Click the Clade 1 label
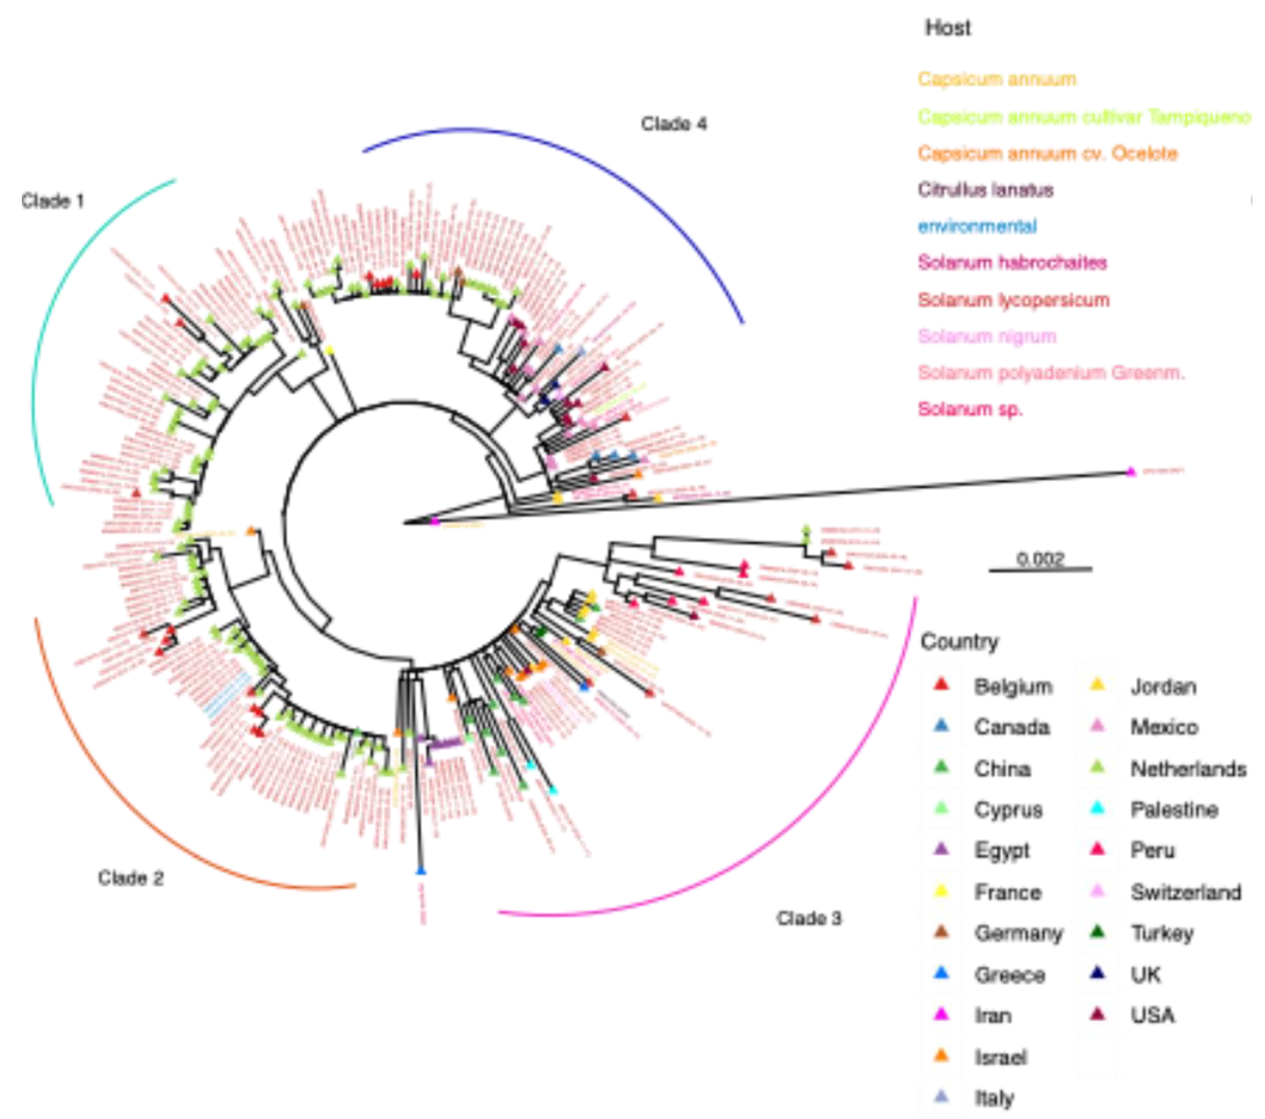(x=52, y=201)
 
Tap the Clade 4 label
(x=673, y=124)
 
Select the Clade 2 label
(x=131, y=877)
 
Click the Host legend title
(x=947, y=28)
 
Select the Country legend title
(x=959, y=642)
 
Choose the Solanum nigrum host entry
(x=987, y=336)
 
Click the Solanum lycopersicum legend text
(x=1013, y=300)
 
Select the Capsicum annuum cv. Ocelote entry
(x=1047, y=153)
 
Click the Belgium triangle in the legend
(x=941, y=684)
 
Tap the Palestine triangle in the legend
(x=1098, y=808)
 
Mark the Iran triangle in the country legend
(x=941, y=1014)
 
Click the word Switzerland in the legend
(x=1186, y=892)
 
